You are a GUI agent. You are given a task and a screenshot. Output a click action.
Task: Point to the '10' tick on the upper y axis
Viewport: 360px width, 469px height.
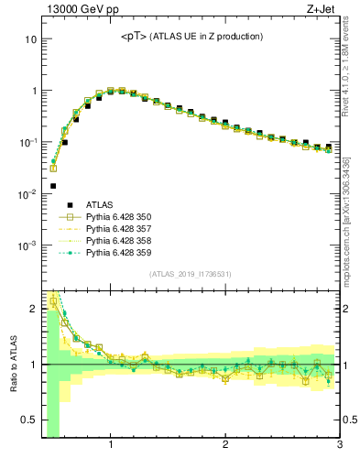[29, 40]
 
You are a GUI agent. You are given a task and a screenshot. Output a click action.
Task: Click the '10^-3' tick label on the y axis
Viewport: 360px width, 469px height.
[27, 245]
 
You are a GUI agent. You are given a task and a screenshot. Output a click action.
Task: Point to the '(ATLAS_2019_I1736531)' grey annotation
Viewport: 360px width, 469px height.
[191, 274]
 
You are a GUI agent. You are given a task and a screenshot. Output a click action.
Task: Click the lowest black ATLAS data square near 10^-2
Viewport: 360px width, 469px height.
[53, 186]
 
